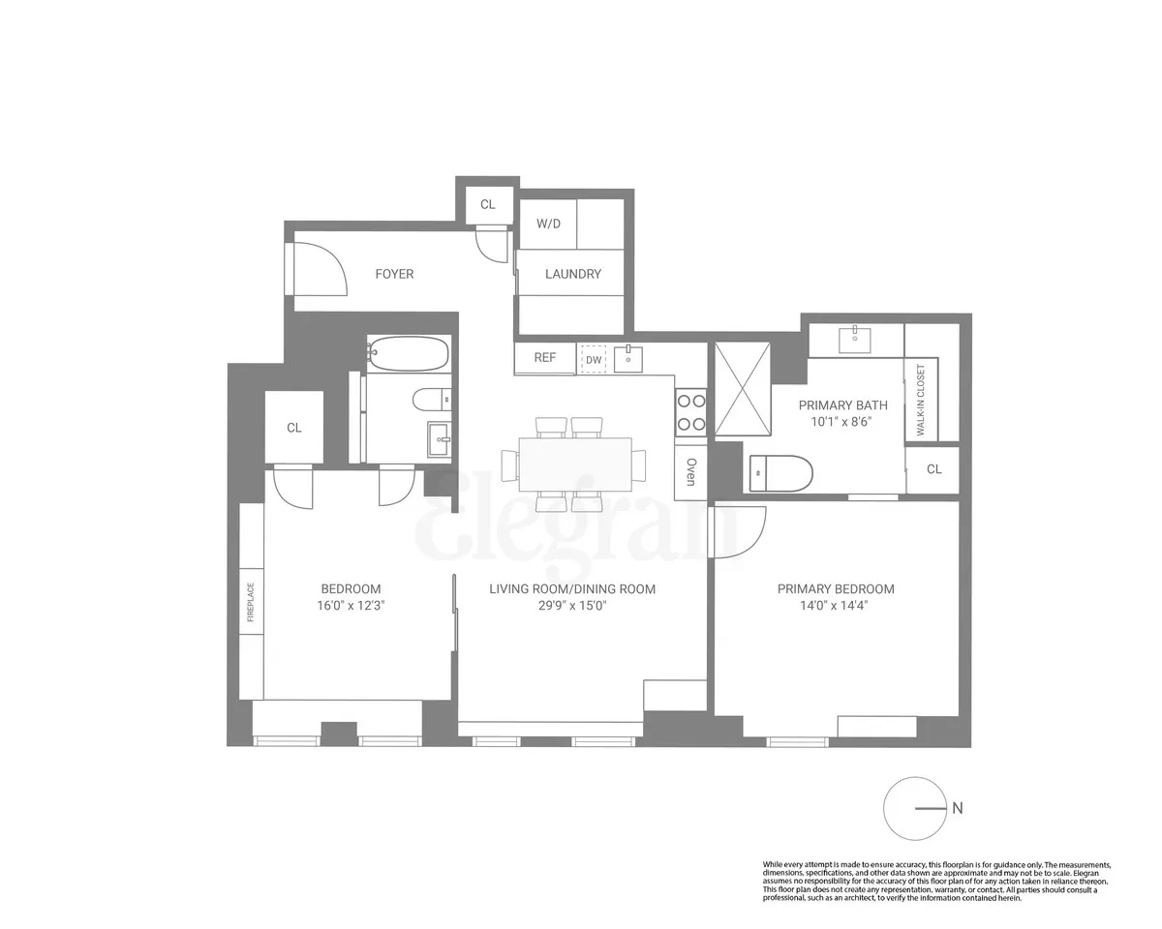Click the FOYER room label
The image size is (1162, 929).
point(394,274)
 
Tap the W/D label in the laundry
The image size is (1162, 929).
point(549,223)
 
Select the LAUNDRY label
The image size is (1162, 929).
point(572,274)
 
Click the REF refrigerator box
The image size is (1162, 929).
point(545,358)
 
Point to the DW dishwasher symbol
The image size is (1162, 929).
point(594,359)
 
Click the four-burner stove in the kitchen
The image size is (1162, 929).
point(691,411)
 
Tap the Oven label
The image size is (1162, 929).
point(691,471)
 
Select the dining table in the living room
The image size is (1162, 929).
point(575,464)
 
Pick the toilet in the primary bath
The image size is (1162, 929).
point(780,473)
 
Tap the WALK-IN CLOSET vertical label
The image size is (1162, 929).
point(920,401)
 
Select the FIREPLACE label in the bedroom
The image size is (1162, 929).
point(251,601)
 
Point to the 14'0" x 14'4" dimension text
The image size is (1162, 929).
point(836,607)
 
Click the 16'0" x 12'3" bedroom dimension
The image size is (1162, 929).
point(351,607)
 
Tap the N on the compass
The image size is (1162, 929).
point(957,809)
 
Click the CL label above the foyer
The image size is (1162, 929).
point(488,204)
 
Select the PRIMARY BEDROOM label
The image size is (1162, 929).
point(836,588)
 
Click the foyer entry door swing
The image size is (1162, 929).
point(318,268)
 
